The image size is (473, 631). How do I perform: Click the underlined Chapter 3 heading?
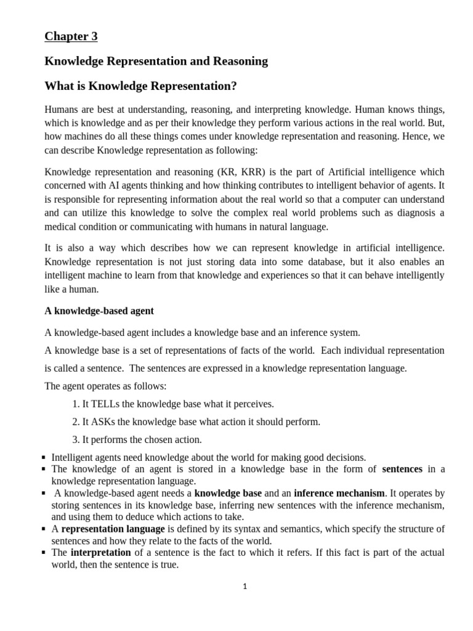[71, 36]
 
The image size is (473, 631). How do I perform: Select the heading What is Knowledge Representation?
[141, 86]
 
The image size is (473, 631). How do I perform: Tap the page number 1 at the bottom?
[245, 587]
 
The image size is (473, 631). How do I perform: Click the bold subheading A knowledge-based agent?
[99, 311]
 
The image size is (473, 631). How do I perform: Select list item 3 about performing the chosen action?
[137, 440]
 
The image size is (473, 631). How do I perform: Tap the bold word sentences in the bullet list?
[402, 470]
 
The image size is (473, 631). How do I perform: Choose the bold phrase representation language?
[113, 529]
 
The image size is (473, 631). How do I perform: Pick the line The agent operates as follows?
[106, 386]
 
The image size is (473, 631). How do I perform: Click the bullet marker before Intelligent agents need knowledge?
[44, 458]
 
